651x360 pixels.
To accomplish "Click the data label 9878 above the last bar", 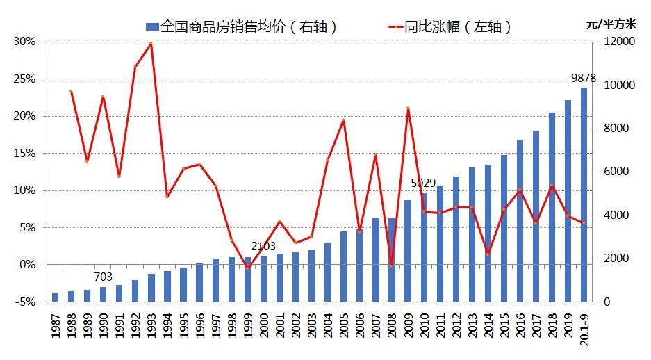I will [584, 78].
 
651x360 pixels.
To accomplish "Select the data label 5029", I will [423, 183].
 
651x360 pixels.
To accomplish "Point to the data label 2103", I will [263, 247].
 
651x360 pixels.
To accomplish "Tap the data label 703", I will [103, 277].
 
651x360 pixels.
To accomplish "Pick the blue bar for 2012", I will [456, 239].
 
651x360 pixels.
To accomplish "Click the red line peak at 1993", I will [151, 44].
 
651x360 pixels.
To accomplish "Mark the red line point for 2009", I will [408, 108].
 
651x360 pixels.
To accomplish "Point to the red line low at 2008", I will [391, 265].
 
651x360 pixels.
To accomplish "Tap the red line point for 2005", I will [343, 120].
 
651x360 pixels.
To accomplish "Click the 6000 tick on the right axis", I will [611, 172].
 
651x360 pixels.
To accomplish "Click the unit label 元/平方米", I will [611, 23].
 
